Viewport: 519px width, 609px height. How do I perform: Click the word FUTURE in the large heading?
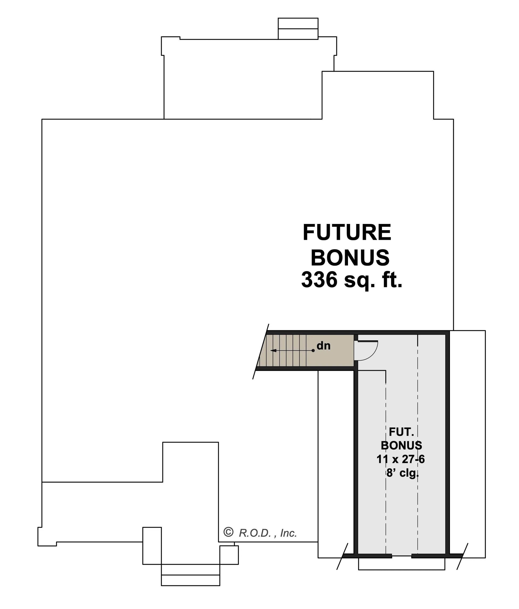[347, 233]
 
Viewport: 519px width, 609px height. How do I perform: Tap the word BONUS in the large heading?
[350, 257]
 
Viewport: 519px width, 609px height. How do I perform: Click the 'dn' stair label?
[324, 346]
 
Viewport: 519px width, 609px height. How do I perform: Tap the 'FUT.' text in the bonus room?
[401, 432]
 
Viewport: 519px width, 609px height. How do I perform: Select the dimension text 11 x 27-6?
[401, 459]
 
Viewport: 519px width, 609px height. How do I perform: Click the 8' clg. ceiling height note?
[402, 473]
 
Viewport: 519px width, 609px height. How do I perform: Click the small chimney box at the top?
[298, 29]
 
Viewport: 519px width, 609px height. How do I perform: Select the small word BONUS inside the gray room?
[401, 446]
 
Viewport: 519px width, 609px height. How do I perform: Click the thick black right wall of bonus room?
[448, 444]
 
